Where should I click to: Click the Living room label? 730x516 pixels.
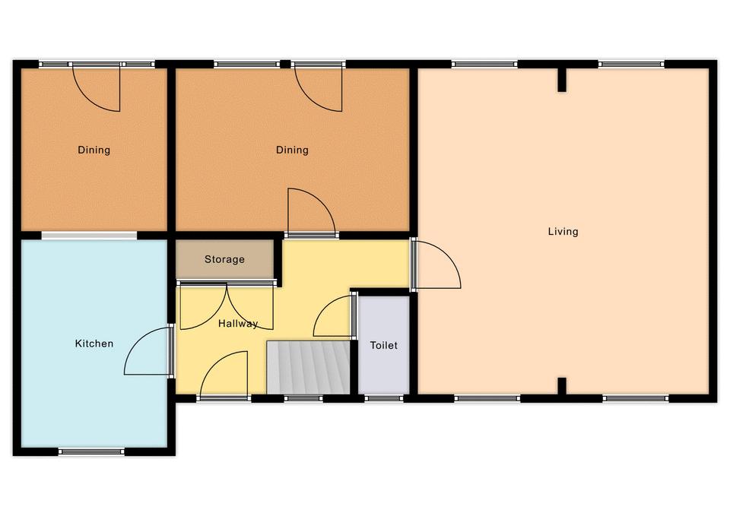tap(563, 231)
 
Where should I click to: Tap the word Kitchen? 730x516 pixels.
tap(94, 343)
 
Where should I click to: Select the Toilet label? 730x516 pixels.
tap(383, 345)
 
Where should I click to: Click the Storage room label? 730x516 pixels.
tap(224, 259)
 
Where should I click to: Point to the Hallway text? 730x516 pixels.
tap(238, 324)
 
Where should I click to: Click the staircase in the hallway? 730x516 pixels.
tap(308, 367)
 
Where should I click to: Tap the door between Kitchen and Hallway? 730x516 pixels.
tap(148, 350)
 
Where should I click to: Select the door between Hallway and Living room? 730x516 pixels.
tap(436, 264)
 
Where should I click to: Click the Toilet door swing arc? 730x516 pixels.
tap(333, 315)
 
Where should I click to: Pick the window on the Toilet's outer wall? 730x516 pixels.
tap(383, 398)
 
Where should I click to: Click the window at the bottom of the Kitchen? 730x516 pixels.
tap(92, 451)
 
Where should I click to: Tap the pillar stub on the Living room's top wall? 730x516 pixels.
tap(563, 80)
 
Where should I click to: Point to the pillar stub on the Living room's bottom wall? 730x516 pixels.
tap(563, 386)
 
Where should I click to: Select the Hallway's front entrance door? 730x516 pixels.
tap(224, 375)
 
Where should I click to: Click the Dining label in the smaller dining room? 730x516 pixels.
tap(94, 150)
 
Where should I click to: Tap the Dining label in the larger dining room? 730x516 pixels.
tap(292, 150)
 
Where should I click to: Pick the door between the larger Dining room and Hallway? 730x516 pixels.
tap(312, 213)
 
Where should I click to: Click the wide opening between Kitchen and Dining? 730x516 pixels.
tap(90, 236)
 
